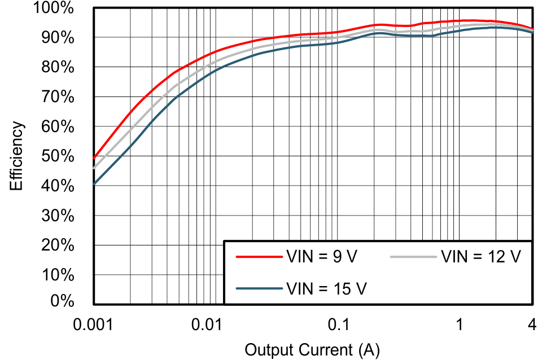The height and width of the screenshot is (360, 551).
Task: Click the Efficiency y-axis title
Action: point(17,156)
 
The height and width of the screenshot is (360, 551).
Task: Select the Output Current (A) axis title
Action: point(312,350)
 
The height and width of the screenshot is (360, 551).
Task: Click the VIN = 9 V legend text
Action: point(322,257)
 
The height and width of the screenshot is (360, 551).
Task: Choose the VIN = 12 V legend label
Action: point(480,257)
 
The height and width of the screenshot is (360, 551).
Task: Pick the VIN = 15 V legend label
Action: point(327,288)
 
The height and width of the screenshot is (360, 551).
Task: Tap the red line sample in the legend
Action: point(259,257)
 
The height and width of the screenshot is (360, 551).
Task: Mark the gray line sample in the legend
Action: point(413,257)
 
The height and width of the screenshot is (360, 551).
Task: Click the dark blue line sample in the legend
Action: point(259,288)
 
